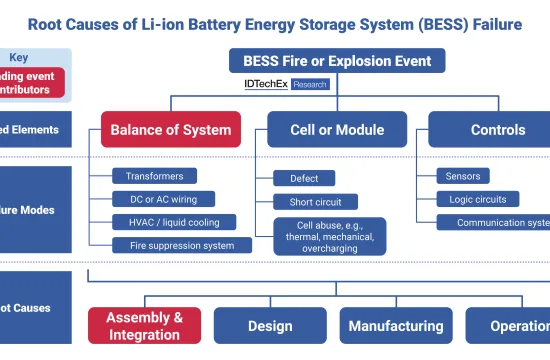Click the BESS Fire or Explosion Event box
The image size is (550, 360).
coord(337,62)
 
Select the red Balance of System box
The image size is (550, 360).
coord(170,130)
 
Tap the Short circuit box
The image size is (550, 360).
coord(314,202)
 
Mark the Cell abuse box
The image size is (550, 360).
coord(326,236)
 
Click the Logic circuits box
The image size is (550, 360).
coord(477,199)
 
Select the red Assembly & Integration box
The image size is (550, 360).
coord(144,326)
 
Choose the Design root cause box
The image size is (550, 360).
coord(270,326)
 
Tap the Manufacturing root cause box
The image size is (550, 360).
coord(395,326)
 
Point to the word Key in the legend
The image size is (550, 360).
coord(20,58)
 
